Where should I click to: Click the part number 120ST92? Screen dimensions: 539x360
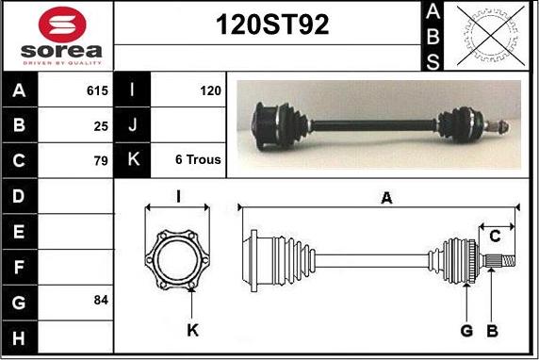pos(272,25)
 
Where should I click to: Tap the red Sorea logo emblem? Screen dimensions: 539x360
pos(62,25)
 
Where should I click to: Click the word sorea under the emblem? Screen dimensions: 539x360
pos(61,51)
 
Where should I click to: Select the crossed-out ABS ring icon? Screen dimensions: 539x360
pos(491,36)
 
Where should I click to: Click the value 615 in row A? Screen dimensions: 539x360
pos(97,90)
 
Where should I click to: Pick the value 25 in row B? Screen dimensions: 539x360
pos(101,126)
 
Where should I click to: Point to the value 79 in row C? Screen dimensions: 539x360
pos(101,160)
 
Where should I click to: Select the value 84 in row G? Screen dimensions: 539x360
pos(101,300)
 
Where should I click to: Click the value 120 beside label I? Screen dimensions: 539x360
pos(210,90)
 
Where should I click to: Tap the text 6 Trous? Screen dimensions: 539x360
pos(198,159)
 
